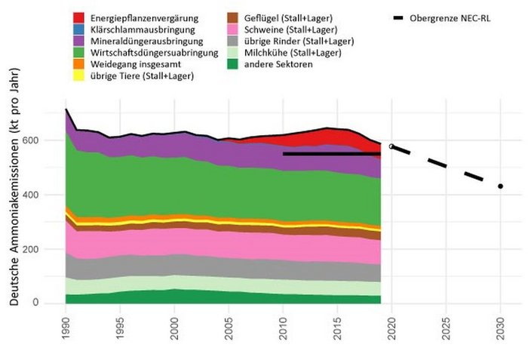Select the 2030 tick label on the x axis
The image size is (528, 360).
coord(500,325)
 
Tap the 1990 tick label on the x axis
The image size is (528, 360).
coord(66,325)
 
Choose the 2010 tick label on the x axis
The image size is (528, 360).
coord(283,325)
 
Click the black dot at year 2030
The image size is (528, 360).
coord(500,186)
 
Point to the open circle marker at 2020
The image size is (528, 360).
coord(391,146)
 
